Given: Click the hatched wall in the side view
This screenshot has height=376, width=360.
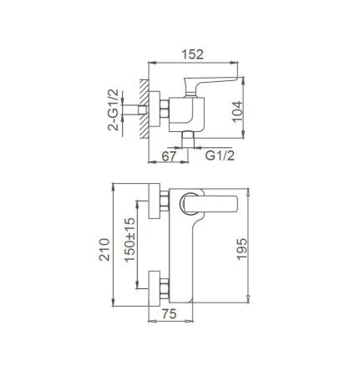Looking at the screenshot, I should click(144, 109).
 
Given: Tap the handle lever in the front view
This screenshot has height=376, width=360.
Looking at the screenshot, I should click(212, 201).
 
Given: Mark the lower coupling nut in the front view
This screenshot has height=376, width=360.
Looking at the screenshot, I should click(166, 286).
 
